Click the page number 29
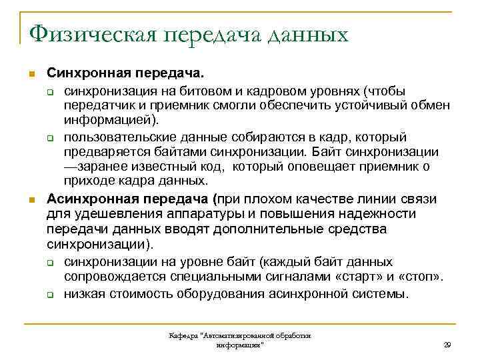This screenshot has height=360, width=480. [x=447, y=344]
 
